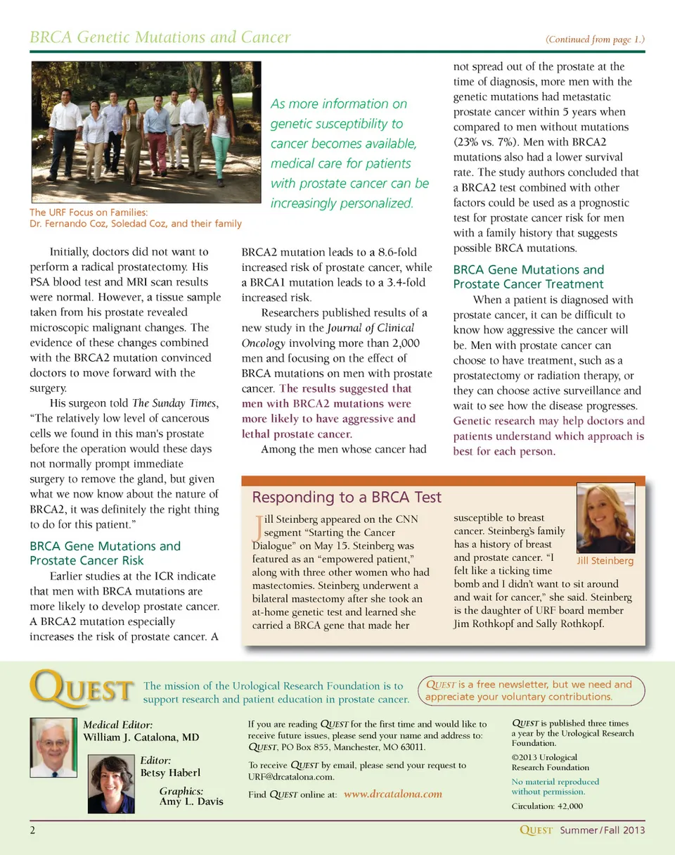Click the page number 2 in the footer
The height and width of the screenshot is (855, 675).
tap(33, 830)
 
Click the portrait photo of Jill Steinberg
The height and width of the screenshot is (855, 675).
tap(605, 518)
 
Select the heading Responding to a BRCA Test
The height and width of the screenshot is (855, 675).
tap(347, 498)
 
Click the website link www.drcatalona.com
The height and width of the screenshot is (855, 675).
tap(394, 794)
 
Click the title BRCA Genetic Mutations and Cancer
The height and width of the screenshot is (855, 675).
tap(160, 37)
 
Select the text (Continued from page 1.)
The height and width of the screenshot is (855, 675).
tap(595, 39)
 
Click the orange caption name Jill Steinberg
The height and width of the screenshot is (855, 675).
tap(605, 561)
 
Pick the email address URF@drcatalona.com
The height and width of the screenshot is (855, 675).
tap(291, 778)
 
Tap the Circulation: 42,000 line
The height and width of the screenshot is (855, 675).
tap(547, 806)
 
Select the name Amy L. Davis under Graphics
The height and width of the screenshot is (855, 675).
tap(192, 802)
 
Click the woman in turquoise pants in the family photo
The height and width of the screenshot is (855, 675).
tap(221, 137)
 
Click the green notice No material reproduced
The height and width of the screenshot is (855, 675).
tap(555, 782)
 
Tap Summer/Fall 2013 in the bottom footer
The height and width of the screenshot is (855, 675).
tap(603, 830)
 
